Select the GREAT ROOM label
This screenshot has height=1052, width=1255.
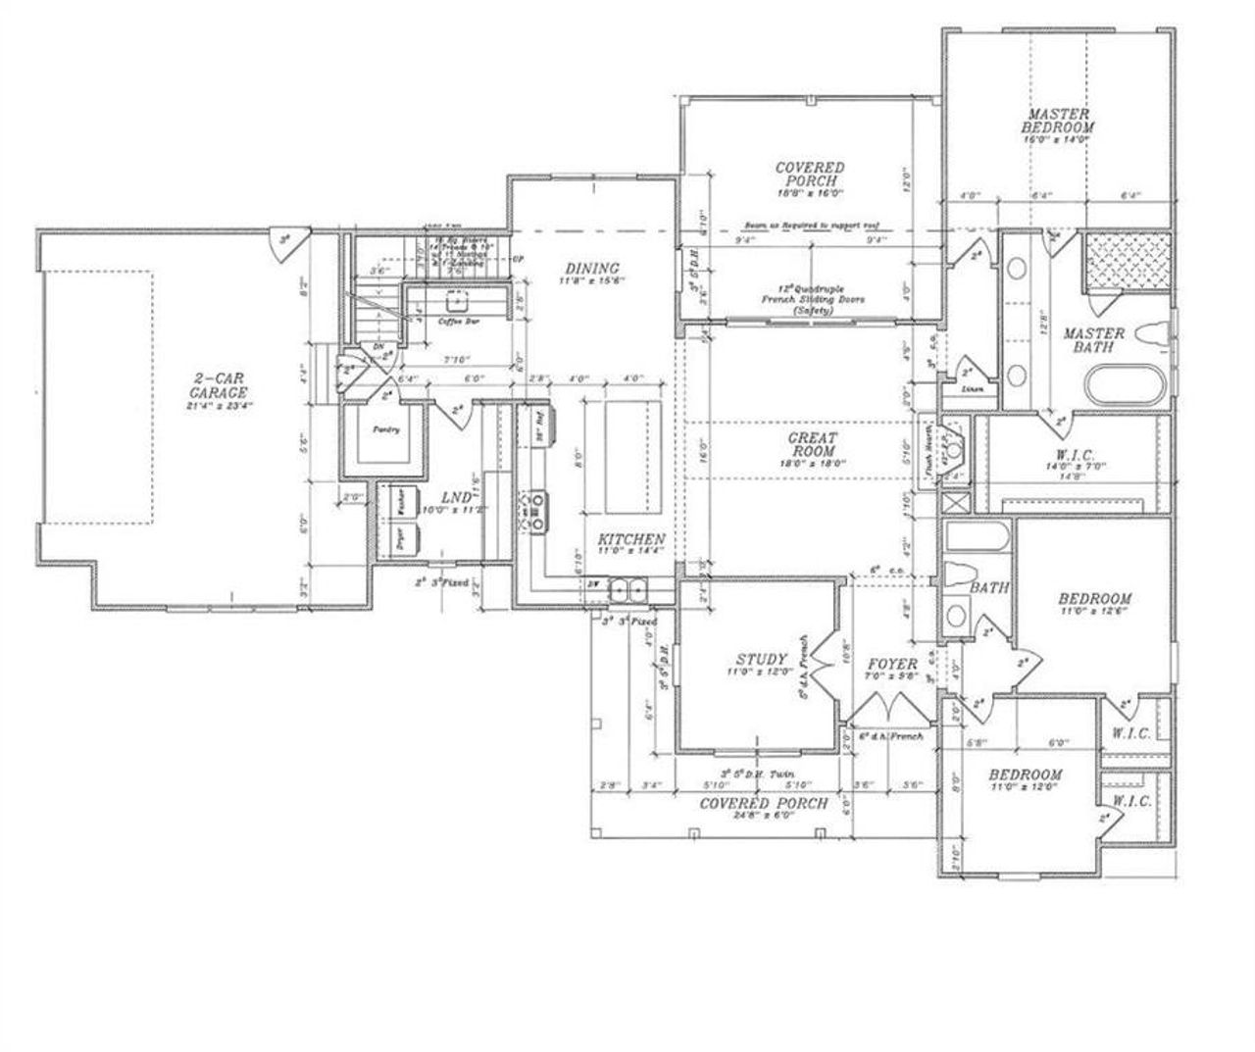(x=813, y=444)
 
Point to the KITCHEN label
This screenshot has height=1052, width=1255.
(x=632, y=539)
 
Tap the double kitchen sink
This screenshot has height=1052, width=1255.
(x=627, y=590)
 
